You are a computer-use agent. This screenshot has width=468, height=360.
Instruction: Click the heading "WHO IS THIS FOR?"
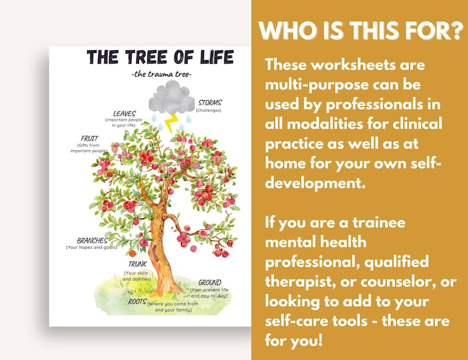[x=360, y=31]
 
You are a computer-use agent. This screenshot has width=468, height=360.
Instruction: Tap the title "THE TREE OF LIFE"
[x=160, y=57]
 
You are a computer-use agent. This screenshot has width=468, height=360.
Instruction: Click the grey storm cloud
[x=172, y=98]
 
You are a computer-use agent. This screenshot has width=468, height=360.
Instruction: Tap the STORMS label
[x=210, y=103]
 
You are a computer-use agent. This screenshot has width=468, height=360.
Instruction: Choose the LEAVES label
[x=124, y=113]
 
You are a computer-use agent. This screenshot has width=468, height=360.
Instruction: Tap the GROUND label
[x=210, y=282]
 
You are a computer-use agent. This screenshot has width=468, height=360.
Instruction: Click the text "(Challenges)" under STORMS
[x=209, y=110]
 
